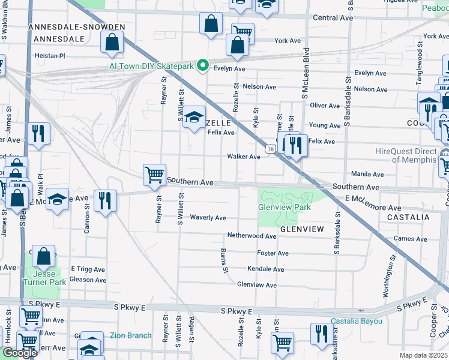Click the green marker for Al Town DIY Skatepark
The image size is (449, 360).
click(203, 66)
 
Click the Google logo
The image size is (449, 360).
click(19, 353)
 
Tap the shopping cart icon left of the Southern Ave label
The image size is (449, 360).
click(154, 175)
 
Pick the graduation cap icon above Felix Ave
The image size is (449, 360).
click(194, 116)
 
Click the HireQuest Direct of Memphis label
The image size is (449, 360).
click(414, 155)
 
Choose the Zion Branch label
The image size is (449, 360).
click(130, 335)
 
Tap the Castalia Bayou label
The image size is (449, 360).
click(357, 322)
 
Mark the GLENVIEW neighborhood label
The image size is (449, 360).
click(301, 229)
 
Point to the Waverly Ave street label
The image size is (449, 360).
click(208, 218)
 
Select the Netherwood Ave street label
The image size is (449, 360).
click(251, 236)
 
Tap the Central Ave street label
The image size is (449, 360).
click(333, 18)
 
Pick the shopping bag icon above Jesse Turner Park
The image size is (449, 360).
click(44, 256)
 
